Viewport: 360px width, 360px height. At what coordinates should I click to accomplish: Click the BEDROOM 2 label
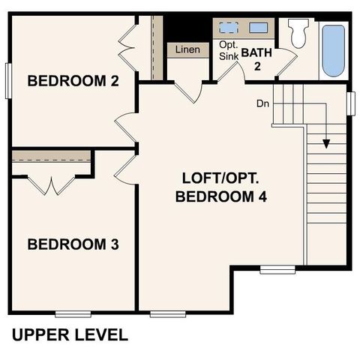tap(73, 81)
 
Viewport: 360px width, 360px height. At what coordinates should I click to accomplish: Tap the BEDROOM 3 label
tap(73, 244)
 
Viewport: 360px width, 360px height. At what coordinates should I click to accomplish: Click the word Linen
tap(187, 50)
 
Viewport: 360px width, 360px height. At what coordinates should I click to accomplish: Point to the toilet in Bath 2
tap(298, 33)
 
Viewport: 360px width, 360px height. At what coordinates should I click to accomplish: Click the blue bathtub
tap(334, 50)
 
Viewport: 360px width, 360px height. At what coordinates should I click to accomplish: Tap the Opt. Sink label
tap(228, 50)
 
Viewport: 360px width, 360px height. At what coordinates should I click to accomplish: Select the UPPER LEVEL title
tap(70, 334)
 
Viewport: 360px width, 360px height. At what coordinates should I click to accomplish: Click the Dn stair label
tap(262, 103)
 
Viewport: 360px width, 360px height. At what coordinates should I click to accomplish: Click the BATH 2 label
tap(256, 58)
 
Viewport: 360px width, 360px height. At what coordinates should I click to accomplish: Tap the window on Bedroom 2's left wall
tap(8, 79)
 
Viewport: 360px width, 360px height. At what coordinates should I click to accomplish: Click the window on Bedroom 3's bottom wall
tap(73, 313)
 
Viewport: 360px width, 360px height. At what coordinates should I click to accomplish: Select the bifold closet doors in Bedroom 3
tap(51, 184)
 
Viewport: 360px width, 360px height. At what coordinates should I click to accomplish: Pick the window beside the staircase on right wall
tap(351, 102)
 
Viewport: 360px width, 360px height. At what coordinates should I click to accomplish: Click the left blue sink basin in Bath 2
tap(228, 28)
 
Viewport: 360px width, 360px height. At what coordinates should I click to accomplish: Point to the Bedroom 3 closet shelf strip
tap(51, 155)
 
